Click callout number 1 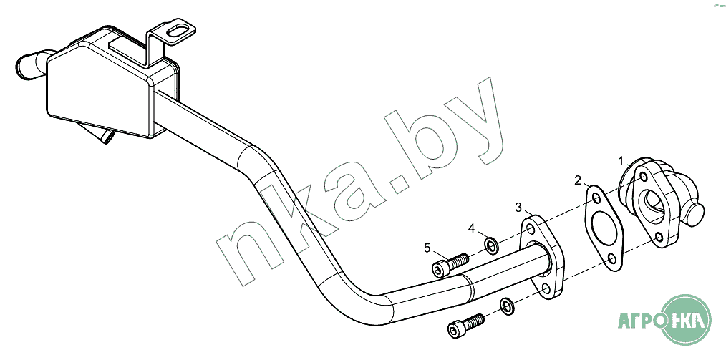[621, 161]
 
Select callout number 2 [578, 180]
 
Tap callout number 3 [519, 208]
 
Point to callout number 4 [472, 228]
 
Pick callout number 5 [427, 248]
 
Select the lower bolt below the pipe [465, 325]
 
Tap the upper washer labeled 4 [492, 246]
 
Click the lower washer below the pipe [505, 306]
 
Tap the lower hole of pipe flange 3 [546, 288]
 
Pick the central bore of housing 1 [654, 204]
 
